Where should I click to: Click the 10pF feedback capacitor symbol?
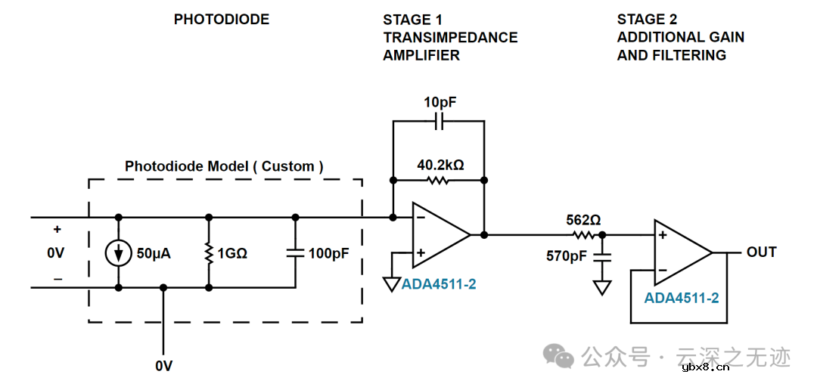438,121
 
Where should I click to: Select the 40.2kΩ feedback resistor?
438,180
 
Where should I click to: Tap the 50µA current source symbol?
119,253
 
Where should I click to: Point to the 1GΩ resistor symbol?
208,253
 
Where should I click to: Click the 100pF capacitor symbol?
295,253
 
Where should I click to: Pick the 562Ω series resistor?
582,235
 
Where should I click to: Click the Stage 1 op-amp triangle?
439,235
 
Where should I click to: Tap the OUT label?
761,252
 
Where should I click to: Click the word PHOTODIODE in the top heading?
222,20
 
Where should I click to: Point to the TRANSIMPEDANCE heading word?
450,38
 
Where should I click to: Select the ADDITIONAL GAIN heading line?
680,38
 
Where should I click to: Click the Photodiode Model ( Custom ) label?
224,166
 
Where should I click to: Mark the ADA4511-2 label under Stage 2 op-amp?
681,298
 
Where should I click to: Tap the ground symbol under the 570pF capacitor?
602,287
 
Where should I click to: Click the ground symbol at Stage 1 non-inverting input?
392,284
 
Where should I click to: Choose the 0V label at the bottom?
163,366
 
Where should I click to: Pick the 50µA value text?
152,254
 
